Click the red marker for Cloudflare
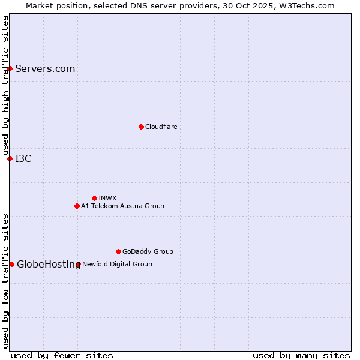[x=141, y=127]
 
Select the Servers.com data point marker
[x=10, y=69]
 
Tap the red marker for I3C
[x=10, y=158]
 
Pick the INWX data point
[x=94, y=198]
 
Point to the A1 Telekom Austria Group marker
[x=77, y=206]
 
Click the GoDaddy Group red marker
[x=118, y=251]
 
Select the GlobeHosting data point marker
[x=11, y=264]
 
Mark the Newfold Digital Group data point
[x=78, y=264]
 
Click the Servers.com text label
[x=45, y=69]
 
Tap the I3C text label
[x=23, y=158]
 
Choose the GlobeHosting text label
[x=49, y=264]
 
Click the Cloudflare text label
[x=161, y=127]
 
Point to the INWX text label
[x=107, y=198]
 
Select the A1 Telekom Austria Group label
[x=122, y=206]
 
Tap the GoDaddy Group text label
[x=148, y=251]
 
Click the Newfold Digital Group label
[x=117, y=264]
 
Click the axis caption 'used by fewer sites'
[x=62, y=355]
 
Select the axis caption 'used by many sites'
[x=301, y=355]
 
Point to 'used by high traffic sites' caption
[x=5, y=86]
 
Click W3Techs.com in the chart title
[x=305, y=5]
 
